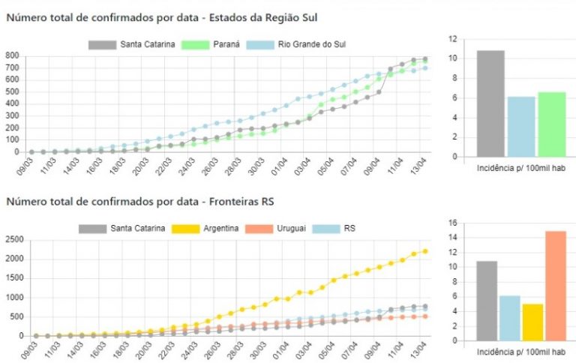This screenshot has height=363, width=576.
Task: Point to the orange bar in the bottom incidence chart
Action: [555, 284]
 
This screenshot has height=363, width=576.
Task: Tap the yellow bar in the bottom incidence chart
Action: [533, 321]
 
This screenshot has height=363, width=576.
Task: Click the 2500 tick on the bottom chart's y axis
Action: [14, 239]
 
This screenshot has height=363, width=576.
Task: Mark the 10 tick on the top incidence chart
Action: [451, 58]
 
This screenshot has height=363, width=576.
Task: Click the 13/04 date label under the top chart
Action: [421, 164]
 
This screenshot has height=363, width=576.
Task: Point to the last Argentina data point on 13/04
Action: [424, 251]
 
